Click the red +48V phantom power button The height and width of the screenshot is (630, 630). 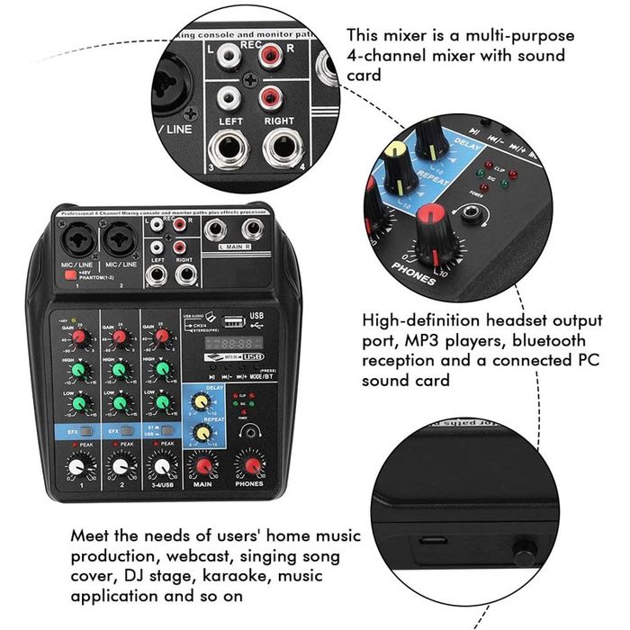tap(69, 277)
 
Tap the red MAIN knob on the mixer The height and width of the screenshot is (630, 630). tap(203, 466)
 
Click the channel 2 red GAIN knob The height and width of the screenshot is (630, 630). tap(116, 338)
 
